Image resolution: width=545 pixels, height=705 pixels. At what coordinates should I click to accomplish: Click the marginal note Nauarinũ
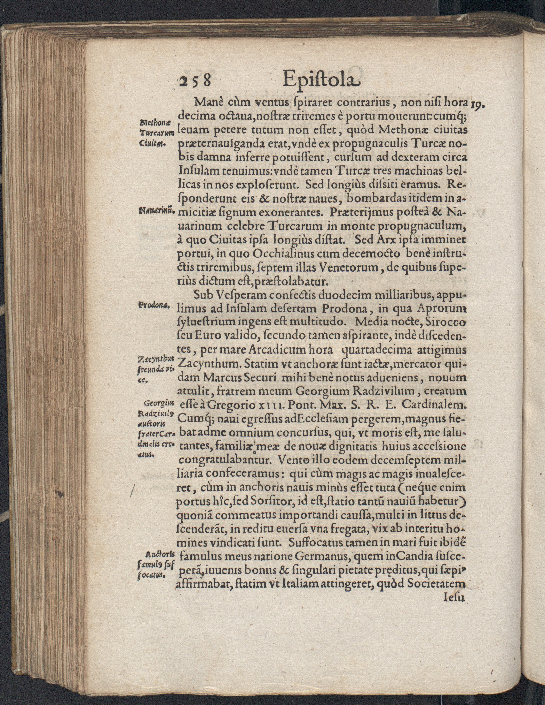(155, 212)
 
